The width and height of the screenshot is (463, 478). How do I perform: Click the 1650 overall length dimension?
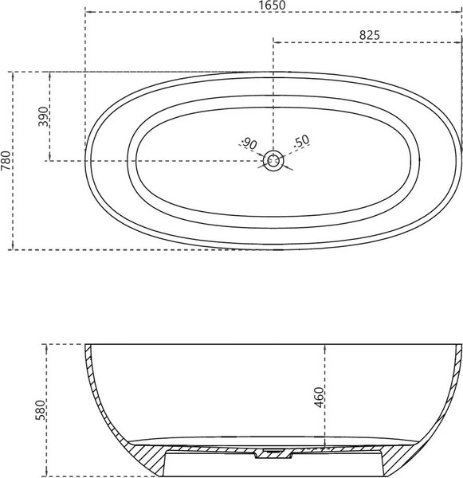[273, 5]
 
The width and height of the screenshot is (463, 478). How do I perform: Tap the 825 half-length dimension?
[369, 35]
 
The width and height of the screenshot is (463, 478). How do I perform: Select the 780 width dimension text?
[6, 160]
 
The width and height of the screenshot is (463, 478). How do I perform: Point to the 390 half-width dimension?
[43, 116]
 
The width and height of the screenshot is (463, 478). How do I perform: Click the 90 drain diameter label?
[249, 143]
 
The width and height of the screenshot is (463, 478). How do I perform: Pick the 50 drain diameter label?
[302, 141]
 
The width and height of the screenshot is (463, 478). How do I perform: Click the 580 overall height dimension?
[41, 410]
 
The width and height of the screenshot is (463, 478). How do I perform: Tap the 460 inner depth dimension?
[319, 398]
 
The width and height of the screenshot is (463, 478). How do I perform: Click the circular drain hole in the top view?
[273, 161]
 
